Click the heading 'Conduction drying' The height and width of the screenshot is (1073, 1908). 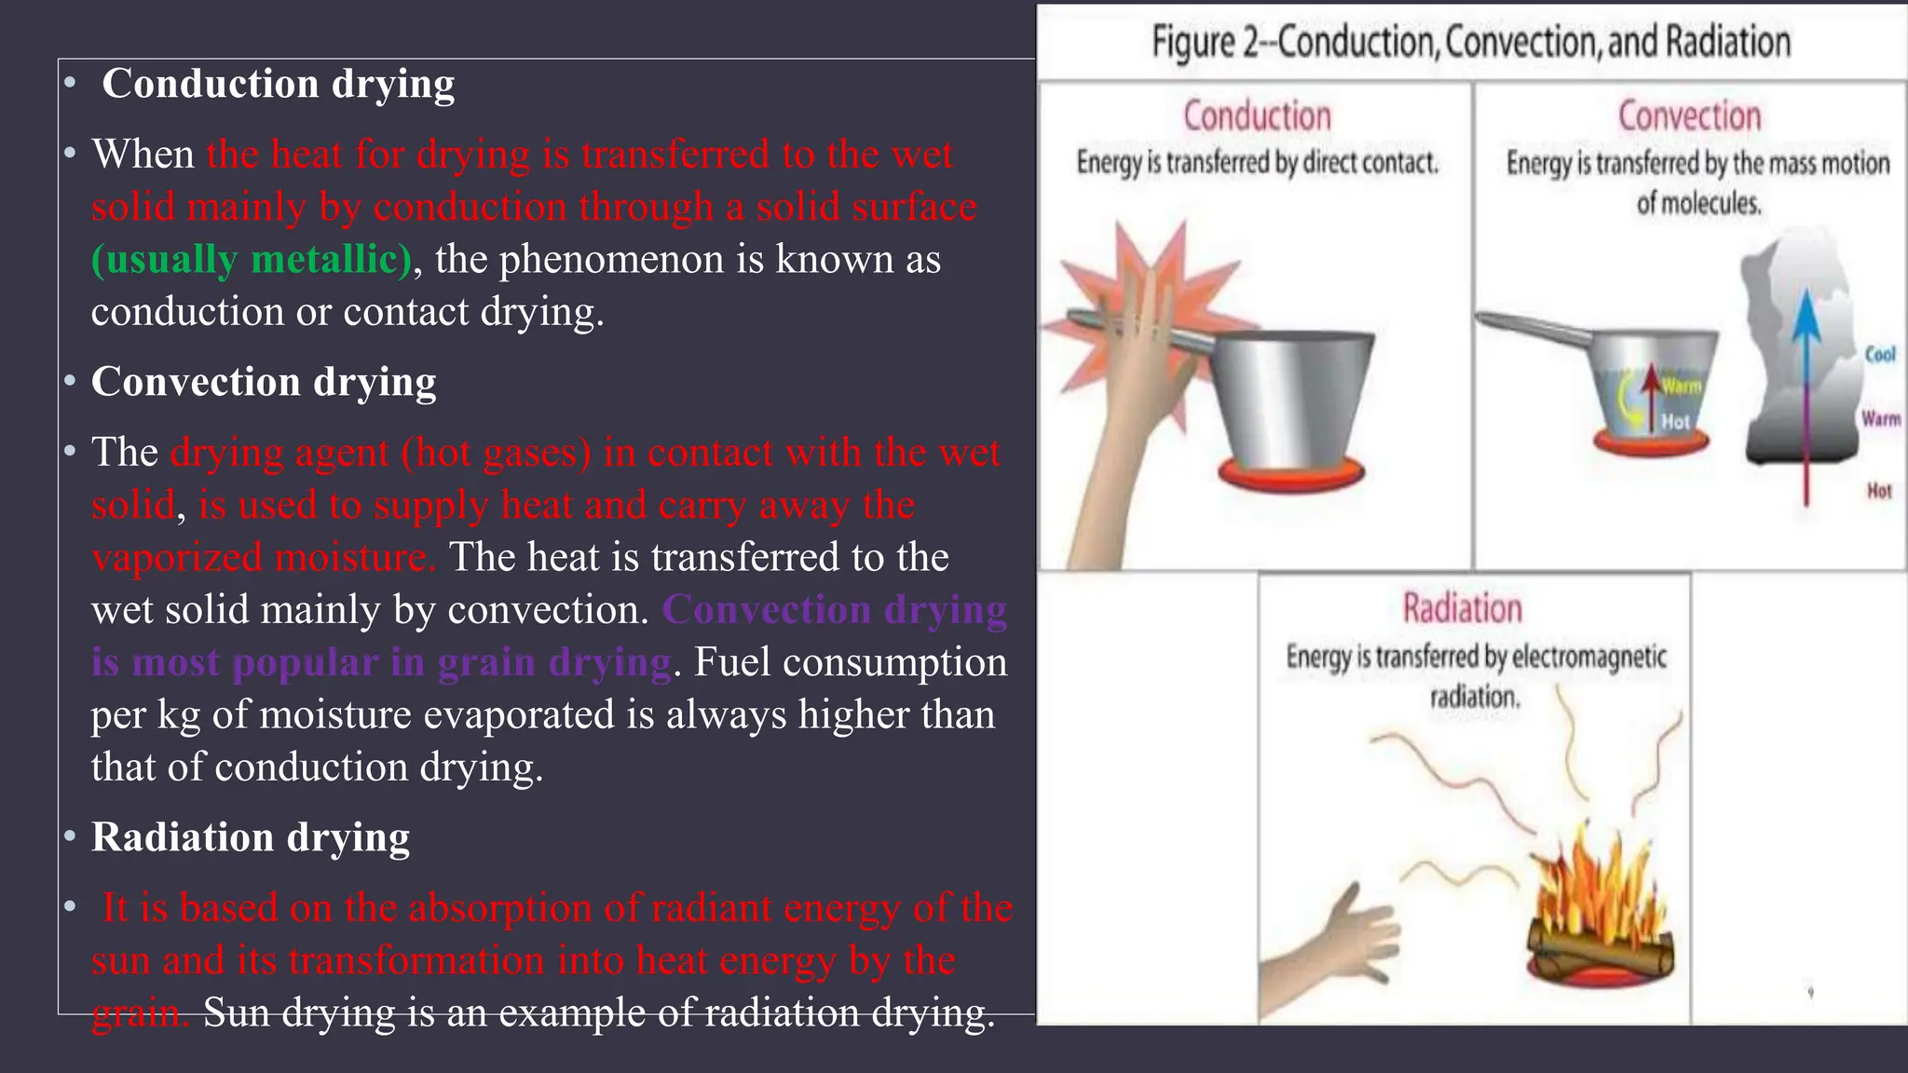(278, 84)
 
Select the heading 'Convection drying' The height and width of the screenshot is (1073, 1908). (264, 382)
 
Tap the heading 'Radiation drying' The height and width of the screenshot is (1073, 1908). (251, 837)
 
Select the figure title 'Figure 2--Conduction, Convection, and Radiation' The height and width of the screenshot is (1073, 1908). (1471, 42)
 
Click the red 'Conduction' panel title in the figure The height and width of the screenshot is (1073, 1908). (1257, 116)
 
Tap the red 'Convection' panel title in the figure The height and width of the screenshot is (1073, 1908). (1689, 116)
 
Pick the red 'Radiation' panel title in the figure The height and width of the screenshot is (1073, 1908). (1463, 608)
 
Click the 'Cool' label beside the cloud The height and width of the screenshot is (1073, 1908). (1880, 354)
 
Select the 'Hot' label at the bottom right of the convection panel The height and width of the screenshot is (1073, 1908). (1879, 491)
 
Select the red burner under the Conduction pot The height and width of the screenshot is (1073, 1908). (1291, 474)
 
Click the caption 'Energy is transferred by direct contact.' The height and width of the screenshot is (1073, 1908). (1257, 163)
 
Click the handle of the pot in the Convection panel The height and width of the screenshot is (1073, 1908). (1537, 328)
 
